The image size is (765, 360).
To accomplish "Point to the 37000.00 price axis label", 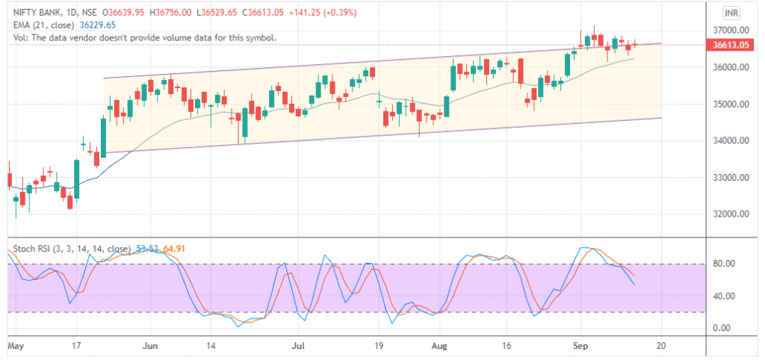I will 731,30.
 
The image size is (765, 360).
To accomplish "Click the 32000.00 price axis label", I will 731,214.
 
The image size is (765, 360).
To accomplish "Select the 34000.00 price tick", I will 731,140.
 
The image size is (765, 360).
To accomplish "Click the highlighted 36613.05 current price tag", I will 731,45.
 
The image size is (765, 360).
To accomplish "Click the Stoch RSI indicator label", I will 29,248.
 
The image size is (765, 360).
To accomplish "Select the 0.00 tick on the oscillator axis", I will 722,328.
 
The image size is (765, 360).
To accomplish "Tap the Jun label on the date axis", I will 151,347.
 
